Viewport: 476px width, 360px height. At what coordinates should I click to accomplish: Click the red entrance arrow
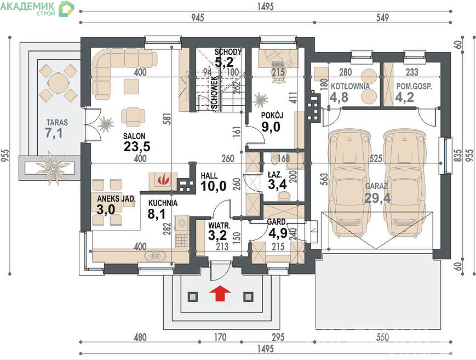point(220,293)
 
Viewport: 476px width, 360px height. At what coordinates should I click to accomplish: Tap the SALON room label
point(134,136)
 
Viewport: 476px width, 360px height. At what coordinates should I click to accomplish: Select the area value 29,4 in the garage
point(377,198)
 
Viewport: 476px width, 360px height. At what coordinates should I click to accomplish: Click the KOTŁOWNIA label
point(350,87)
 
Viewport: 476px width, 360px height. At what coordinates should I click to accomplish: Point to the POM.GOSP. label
point(414,87)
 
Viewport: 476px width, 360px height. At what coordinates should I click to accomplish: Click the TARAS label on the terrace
point(57,122)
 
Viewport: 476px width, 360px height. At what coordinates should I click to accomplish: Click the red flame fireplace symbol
point(163,180)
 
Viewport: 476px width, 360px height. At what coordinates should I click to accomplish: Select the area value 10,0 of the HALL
point(214,186)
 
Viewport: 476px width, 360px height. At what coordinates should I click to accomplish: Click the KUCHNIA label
point(163,203)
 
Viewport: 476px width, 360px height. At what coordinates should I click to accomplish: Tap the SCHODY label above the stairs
point(228,52)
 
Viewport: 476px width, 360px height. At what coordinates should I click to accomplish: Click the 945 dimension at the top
point(197,18)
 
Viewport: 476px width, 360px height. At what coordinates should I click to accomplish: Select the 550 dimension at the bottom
point(382,337)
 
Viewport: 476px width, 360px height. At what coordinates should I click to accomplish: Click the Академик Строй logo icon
point(66,9)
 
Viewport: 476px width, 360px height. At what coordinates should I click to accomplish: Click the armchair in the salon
point(133,117)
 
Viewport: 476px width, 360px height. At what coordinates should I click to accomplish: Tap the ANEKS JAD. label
point(116,199)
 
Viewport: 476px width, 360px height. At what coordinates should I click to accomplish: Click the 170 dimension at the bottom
point(220,337)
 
